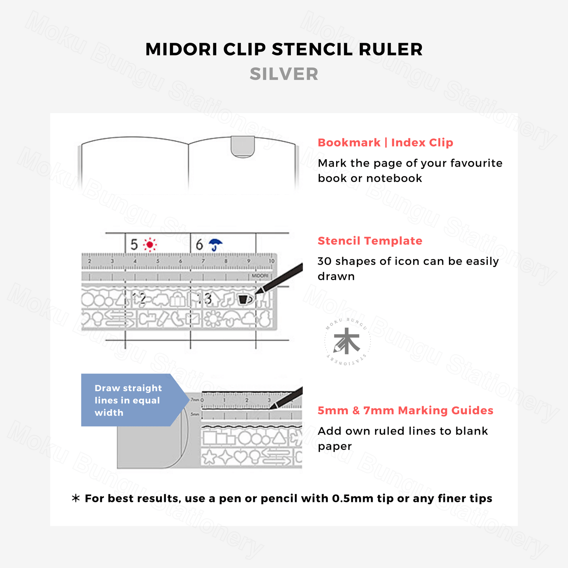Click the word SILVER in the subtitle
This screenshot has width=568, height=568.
point(284,74)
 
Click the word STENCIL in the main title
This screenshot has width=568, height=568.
point(312,50)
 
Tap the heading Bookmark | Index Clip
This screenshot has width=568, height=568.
point(385,143)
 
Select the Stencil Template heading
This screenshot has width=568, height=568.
point(370,241)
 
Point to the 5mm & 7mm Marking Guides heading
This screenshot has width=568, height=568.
point(405,411)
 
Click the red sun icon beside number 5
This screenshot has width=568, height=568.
point(149,245)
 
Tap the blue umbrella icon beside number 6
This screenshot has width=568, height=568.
point(215,244)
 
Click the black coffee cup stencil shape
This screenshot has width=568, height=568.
point(244,299)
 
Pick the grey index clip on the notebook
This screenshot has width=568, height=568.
point(243,147)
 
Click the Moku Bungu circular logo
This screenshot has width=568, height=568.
point(347,342)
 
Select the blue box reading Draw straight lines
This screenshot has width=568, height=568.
point(130,400)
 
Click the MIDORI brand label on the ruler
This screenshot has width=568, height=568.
point(260,276)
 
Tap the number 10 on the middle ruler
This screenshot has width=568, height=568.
point(271,261)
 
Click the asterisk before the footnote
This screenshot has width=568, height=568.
point(75,498)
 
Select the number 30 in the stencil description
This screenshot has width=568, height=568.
point(325,261)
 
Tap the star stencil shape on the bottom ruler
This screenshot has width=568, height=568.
point(210,457)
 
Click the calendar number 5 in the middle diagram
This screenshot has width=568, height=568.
point(134,245)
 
